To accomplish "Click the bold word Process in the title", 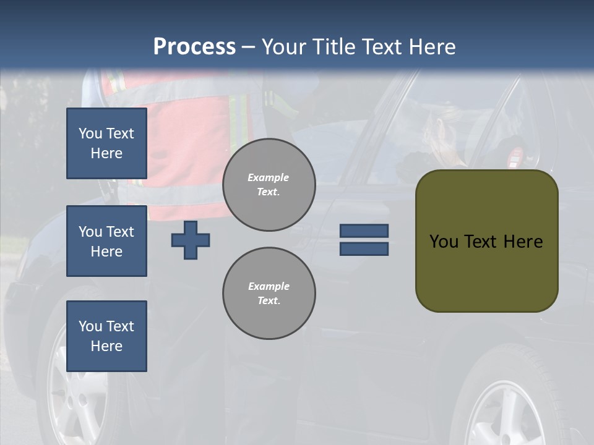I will [x=194, y=46].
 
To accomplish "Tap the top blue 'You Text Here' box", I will [x=106, y=143].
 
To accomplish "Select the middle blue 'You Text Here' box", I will [x=106, y=241].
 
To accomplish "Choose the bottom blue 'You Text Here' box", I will [x=106, y=336].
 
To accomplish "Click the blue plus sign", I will [x=191, y=240].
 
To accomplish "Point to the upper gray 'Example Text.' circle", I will [x=269, y=185].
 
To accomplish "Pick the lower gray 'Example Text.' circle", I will [x=269, y=294].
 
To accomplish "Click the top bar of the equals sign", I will [x=364, y=231].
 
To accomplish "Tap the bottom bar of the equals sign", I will [x=364, y=248].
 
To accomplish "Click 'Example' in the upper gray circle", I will [x=269, y=177].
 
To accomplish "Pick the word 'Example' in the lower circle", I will [x=269, y=286].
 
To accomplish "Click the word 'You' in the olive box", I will [x=444, y=242].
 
